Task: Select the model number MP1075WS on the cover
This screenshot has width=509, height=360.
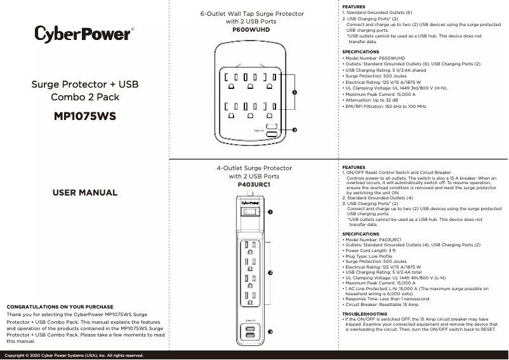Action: pos(85,116)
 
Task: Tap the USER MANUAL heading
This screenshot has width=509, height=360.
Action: pos(84,192)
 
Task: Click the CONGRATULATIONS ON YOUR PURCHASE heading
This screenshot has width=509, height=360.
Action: pos(60,307)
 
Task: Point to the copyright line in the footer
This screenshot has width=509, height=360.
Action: pos(76,355)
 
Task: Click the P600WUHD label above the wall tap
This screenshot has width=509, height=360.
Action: pos(252,30)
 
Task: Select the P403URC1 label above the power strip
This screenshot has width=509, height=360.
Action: pos(254,184)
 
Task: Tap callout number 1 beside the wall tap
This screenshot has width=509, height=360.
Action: pos(294,93)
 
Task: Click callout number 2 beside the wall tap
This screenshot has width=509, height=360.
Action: pos(294,130)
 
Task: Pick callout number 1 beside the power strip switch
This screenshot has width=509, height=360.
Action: pos(270,211)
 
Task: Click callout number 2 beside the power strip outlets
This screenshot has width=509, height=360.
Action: pos(270,272)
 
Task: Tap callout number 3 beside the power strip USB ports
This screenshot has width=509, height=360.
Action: pos(270,332)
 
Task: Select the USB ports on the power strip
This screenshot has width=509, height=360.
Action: pos(250,332)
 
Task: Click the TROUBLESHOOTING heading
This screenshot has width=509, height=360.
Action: pos(364,314)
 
